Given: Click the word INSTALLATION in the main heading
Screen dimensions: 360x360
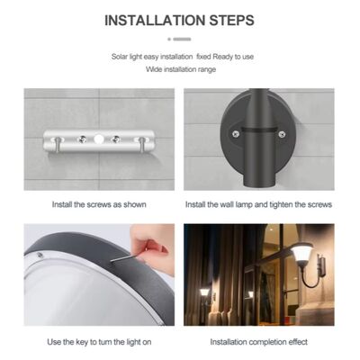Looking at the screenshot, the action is tap(155, 21).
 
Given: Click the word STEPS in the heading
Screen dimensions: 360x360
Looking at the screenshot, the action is tap(231, 21).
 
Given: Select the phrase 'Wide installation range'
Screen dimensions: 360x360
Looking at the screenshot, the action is tap(181, 69).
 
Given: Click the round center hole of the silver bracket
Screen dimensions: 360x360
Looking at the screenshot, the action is tap(98, 139).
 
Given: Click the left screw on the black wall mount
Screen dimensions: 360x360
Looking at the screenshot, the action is tap(235, 134).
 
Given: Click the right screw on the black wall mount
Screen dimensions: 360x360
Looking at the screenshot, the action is tap(282, 134).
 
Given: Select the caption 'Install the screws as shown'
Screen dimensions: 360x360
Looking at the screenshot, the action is tap(99, 204).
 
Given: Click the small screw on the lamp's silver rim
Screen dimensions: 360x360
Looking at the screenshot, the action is tap(40, 255).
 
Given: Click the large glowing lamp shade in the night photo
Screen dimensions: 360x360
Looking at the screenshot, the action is tap(302, 254).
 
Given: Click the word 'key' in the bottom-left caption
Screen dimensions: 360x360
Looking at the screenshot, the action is tap(83, 342).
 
